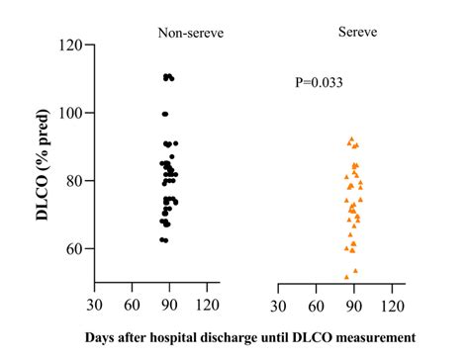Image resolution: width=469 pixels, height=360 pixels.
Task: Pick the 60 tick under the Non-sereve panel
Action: pos(133,305)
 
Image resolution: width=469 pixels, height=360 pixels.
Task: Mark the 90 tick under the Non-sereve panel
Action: pos(170,305)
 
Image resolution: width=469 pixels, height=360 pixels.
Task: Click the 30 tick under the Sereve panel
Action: pos(279,305)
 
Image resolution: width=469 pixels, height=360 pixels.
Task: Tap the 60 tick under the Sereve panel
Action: pos(317,305)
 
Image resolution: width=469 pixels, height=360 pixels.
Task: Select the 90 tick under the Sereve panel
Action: pos(354,305)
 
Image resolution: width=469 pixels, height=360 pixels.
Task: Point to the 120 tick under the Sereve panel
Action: pos(393,305)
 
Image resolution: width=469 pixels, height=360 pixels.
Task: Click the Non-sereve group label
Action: pos(191,34)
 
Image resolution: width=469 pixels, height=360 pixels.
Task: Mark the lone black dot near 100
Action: pos(165,114)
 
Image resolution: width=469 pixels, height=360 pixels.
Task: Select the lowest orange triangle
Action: pos(346,277)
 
